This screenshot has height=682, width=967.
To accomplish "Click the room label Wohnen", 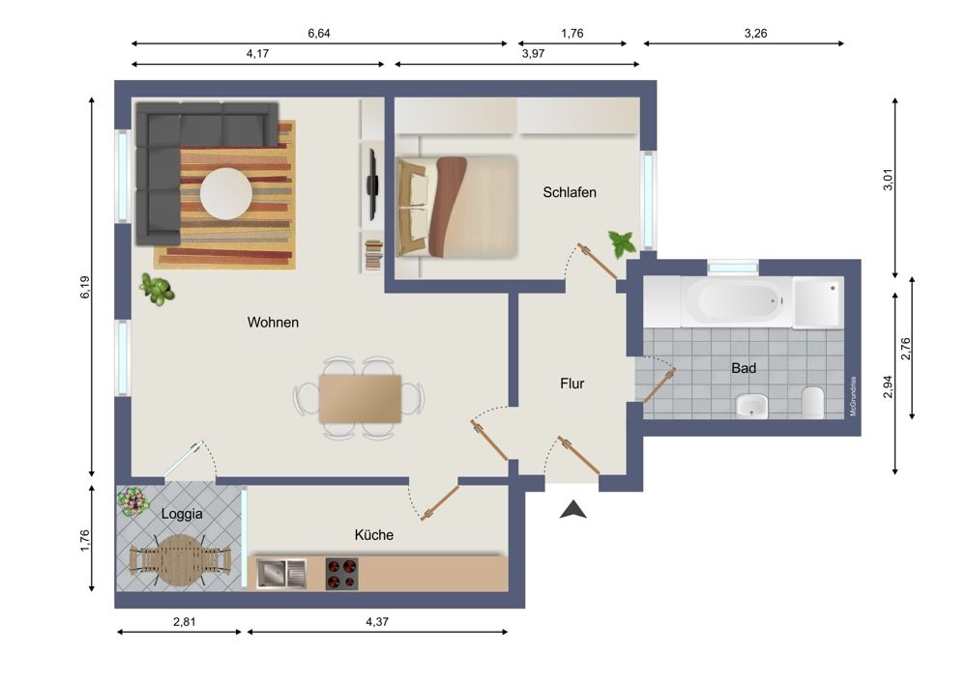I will tap(273, 323).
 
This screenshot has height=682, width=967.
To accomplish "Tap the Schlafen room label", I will tap(570, 192).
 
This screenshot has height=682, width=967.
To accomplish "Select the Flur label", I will tap(572, 384).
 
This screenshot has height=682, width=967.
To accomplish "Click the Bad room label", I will tap(744, 368).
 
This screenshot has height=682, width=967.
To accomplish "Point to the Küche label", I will tap(374, 534).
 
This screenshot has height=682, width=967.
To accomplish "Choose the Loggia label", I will tap(182, 514).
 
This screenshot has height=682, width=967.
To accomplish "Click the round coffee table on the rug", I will tap(225, 193).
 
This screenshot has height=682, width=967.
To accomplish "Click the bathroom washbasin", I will tap(751, 406).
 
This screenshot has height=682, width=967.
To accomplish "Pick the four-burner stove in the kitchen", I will tap(341, 575).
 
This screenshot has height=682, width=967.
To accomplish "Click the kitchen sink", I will tap(281, 575).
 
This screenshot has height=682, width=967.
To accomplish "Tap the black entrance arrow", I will tap(573, 509).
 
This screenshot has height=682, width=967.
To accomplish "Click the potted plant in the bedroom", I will tap(621, 242).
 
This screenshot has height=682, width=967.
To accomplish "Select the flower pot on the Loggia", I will tap(132, 501).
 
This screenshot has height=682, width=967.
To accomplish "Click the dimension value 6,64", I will tap(319, 34).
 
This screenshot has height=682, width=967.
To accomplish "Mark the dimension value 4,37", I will tap(378, 622).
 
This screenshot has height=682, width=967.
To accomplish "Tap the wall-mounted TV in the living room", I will tap(371, 185).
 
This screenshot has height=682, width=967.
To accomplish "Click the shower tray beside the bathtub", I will tap(818, 302).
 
